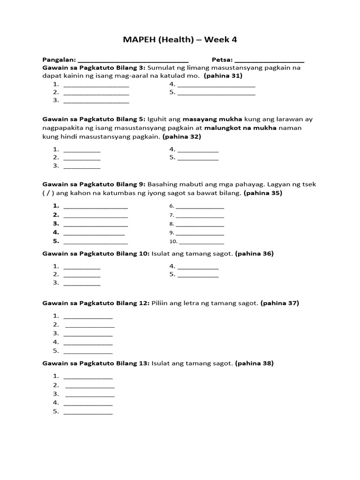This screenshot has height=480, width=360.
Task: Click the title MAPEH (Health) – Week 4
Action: (180, 40)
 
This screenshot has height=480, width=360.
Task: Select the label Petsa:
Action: (222, 60)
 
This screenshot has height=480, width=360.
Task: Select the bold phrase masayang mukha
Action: (212, 119)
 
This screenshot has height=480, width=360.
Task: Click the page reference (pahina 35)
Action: (263, 193)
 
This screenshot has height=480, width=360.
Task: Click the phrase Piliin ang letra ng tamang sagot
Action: (205, 303)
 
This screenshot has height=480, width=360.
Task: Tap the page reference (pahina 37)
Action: (279, 303)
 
